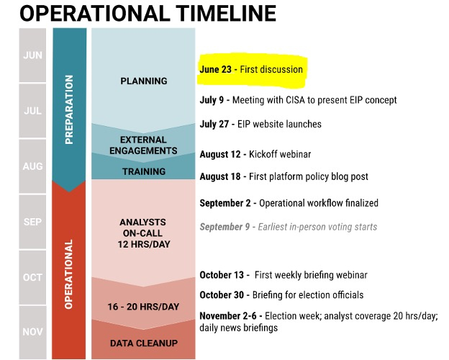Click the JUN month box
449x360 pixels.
point(32,55)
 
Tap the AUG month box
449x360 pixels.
point(32,166)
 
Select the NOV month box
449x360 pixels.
point(32,332)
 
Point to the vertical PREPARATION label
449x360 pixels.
point(69,109)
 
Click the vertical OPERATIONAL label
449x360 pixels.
point(69,274)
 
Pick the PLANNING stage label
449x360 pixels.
point(144,81)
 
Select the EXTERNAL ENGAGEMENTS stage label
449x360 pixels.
point(143,145)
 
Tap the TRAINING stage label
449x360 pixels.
point(144,171)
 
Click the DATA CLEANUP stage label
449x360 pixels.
point(144,343)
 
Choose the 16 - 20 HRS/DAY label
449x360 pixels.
point(143,307)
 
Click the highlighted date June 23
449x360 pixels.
point(216,69)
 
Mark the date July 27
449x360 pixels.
point(214,124)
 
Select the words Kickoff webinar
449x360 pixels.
point(280,154)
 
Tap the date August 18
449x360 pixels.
point(220,176)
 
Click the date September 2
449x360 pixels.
point(225,203)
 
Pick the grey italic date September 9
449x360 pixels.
point(224,227)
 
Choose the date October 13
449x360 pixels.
point(222,275)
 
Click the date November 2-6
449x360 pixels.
point(228,316)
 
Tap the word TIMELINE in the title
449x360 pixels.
point(226,13)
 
